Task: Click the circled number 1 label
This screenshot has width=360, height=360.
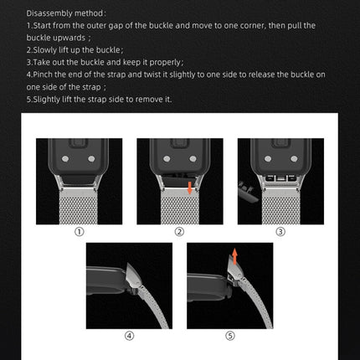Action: coord(79,232)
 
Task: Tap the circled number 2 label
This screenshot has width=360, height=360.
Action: coord(179,232)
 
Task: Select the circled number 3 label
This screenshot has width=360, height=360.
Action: coord(280,232)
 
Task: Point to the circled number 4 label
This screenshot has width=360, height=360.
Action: coord(129,336)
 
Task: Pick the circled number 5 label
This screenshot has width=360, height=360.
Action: coord(230,336)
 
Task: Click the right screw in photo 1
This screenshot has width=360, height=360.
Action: coord(92,158)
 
